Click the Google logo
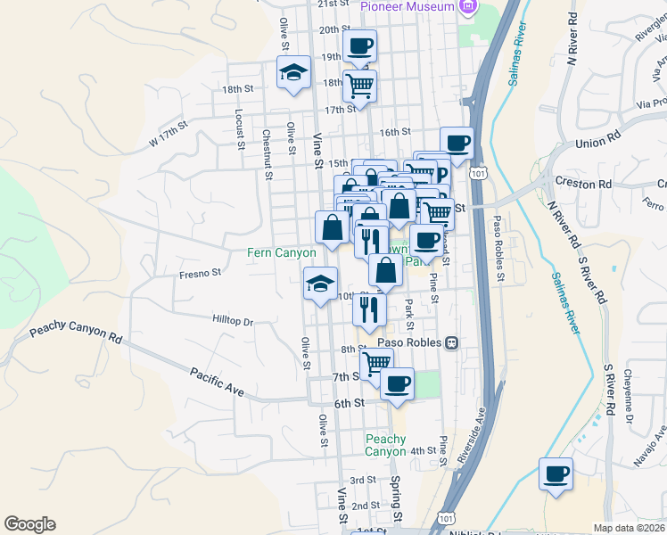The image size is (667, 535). (x=29, y=524)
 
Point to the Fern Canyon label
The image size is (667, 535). (x=281, y=253)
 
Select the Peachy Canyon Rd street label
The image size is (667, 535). (x=75, y=333)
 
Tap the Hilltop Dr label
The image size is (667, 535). (x=233, y=319)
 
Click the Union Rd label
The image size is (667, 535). (x=597, y=142)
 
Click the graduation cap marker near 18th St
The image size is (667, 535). (x=292, y=73)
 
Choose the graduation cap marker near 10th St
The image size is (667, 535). (x=320, y=284)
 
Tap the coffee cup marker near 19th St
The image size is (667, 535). (x=359, y=45)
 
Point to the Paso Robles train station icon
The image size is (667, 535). (x=452, y=342)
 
